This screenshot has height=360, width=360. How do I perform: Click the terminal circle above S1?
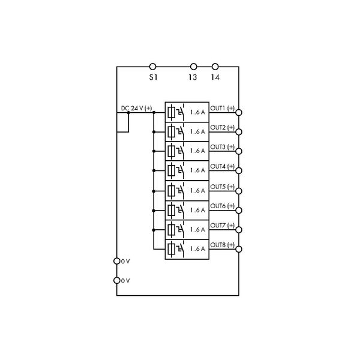point(152,67)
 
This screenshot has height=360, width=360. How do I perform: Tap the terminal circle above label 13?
point(193,67)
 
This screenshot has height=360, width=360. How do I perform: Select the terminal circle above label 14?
point(215,67)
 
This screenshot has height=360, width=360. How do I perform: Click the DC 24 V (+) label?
point(136,108)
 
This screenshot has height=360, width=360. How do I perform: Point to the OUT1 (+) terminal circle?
point(239,112)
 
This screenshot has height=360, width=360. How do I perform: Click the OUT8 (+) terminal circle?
point(239,248)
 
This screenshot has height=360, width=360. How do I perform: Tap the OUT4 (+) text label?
point(222,166)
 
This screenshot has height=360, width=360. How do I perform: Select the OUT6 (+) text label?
point(222,206)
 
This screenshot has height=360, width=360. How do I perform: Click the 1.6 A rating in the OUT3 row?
point(197,151)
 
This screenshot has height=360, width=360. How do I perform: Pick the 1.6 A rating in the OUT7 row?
point(197,229)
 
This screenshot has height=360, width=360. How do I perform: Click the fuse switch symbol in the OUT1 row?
point(176,112)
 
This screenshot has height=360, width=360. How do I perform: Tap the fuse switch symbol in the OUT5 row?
point(176,190)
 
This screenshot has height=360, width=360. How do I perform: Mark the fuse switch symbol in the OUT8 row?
point(176,248)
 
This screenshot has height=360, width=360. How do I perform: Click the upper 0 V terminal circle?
point(116,261)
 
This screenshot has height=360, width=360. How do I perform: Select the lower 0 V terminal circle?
point(116,280)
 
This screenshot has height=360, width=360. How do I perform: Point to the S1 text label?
point(152,77)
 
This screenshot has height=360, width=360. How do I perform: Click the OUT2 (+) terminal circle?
point(239,131)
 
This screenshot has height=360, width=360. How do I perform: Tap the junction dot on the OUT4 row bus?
point(154,170)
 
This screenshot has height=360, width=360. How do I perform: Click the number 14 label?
point(215,77)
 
